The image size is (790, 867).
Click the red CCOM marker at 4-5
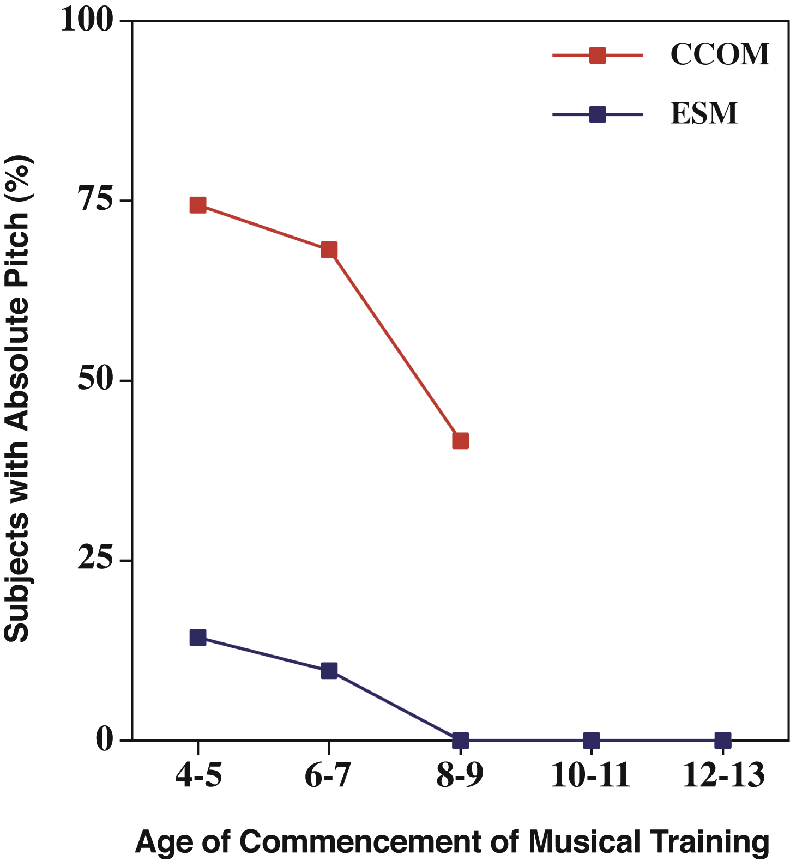pos(198,205)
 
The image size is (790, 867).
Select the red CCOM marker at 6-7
pos(329,250)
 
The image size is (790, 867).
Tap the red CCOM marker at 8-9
pos(461,441)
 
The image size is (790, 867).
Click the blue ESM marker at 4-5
pos(198,638)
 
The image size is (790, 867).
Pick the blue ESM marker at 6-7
pos(329,671)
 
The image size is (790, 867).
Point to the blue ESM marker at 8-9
pos(461,740)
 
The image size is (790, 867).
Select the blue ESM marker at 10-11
pos(592,740)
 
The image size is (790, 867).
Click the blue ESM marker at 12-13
pos(722,740)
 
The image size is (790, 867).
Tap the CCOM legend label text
pos(720,54)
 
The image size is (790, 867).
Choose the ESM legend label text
pos(704,114)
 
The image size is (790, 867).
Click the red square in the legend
pos(598,55)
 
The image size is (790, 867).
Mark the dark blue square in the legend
pos(598,114)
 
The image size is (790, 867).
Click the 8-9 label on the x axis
pos(460,775)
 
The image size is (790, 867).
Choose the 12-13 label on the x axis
pos(723,775)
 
